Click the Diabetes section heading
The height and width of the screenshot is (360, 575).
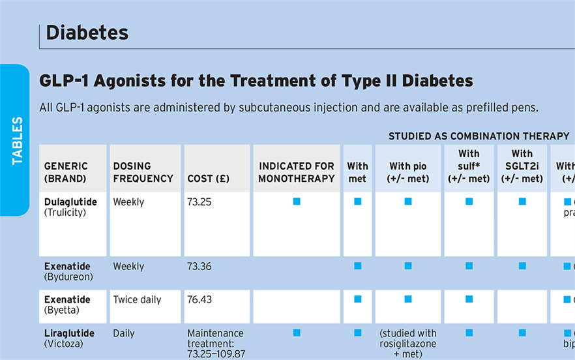click(x=87, y=33)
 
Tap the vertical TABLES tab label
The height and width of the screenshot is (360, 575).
click(x=17, y=140)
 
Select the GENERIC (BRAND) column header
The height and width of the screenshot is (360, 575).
click(x=66, y=172)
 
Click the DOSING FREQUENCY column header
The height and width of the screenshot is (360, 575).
click(x=143, y=172)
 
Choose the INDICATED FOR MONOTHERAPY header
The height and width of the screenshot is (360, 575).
click(x=296, y=172)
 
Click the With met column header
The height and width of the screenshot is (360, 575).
click(x=357, y=172)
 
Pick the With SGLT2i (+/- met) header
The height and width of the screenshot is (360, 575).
click(x=522, y=166)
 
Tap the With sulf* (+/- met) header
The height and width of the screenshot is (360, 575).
click(x=469, y=166)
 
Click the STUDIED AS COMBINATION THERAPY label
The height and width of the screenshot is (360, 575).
click(x=479, y=136)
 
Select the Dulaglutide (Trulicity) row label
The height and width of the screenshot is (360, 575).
click(x=70, y=207)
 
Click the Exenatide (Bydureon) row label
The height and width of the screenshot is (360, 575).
click(x=68, y=271)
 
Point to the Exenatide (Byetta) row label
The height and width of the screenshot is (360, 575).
click(x=67, y=305)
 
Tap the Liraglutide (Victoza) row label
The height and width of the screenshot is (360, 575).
click(x=69, y=338)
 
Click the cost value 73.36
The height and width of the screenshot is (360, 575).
click(x=199, y=266)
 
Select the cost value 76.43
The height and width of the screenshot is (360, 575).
click(x=199, y=299)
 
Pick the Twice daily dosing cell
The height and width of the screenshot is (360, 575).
click(x=137, y=299)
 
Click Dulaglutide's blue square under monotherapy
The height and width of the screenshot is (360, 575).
click(x=297, y=202)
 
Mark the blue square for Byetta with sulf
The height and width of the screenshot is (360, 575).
click(x=469, y=299)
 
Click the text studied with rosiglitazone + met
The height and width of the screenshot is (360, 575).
click(x=408, y=344)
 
